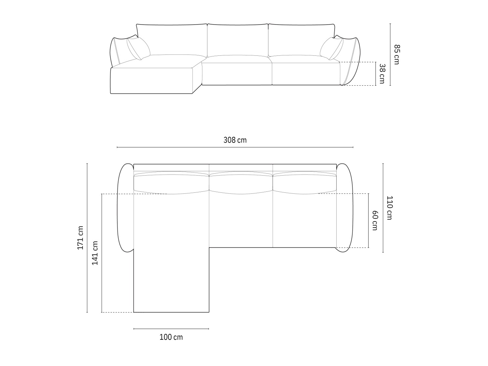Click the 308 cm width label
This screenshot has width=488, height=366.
[x=235, y=140]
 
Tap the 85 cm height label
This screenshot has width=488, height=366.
[x=397, y=55]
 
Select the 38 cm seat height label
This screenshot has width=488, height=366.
[x=382, y=74]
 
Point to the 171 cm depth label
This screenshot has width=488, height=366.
[x=80, y=238]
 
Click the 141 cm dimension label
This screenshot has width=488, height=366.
[x=95, y=253]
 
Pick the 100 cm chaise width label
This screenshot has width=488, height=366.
[x=171, y=337]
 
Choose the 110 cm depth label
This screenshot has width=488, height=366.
[x=390, y=208]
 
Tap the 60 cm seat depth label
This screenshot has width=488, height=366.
[x=375, y=220]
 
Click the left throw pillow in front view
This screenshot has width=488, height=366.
[x=138, y=48]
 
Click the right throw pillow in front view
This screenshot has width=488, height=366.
[x=332, y=48]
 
